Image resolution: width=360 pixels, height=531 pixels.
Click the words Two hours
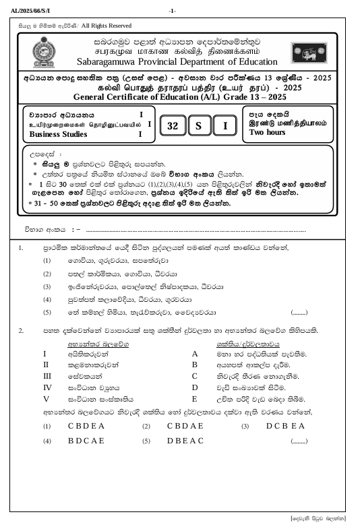(267, 133)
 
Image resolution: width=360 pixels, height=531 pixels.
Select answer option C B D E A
(86, 427)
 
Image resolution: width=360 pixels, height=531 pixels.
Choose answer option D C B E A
(286, 427)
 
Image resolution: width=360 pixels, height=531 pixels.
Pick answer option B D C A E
(86, 441)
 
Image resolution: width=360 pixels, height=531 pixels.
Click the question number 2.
(22, 331)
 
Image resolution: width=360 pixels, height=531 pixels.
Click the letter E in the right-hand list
(195, 398)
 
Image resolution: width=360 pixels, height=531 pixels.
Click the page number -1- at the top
(173, 11)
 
